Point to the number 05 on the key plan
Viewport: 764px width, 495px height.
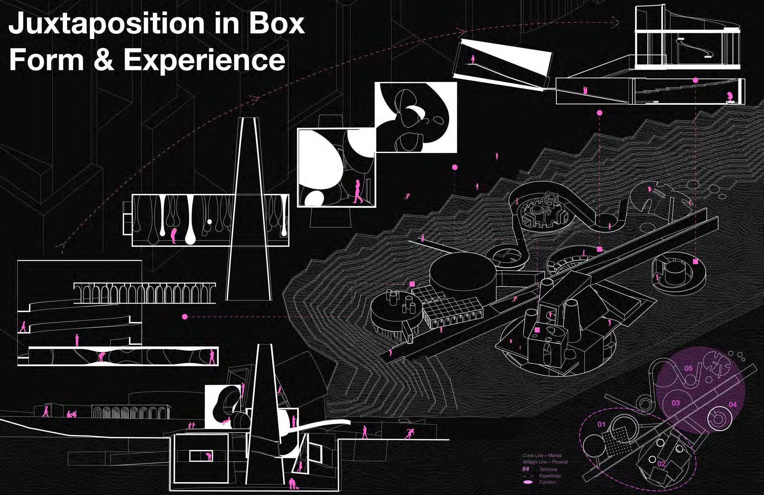(x=688, y=368)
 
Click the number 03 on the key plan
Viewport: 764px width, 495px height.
(x=675, y=403)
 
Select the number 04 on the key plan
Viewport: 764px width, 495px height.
(x=733, y=404)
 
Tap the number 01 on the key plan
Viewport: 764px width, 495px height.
(x=601, y=424)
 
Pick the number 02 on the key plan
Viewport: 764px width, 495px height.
(x=661, y=463)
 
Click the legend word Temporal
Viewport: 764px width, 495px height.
(x=548, y=469)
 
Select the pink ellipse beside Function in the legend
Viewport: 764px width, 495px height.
(x=528, y=482)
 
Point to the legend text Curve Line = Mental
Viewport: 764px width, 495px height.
(x=542, y=455)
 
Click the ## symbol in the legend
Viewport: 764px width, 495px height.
(x=526, y=469)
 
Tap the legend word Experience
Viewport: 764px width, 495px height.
(x=550, y=476)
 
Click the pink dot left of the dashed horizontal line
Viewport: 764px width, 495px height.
(x=185, y=316)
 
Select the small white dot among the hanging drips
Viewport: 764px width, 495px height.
(x=209, y=221)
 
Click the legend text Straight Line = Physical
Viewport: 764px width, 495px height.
(x=545, y=462)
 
